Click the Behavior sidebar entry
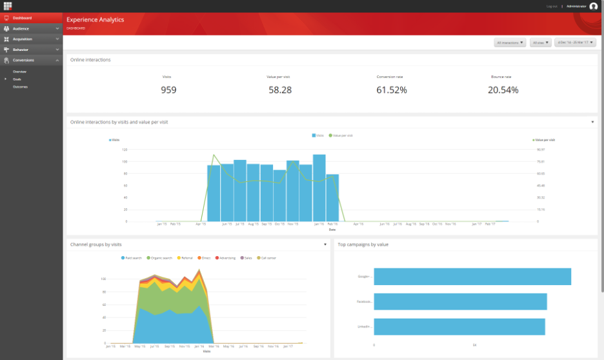[x=21, y=49]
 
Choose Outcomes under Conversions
[x=20, y=86]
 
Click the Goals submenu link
[x=17, y=79]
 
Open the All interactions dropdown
[x=510, y=43]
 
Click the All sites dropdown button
[x=541, y=43]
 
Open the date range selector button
[x=575, y=43]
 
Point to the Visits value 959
[x=168, y=90]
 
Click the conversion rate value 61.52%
[x=391, y=90]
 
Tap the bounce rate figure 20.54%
[x=503, y=90]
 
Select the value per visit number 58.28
[x=279, y=90]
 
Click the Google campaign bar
[x=472, y=276]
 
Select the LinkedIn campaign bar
[x=459, y=326]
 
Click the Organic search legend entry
[x=159, y=257]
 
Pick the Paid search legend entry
[x=133, y=257]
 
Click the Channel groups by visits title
[x=96, y=245]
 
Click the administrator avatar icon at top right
[x=594, y=6]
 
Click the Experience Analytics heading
[x=96, y=20]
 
